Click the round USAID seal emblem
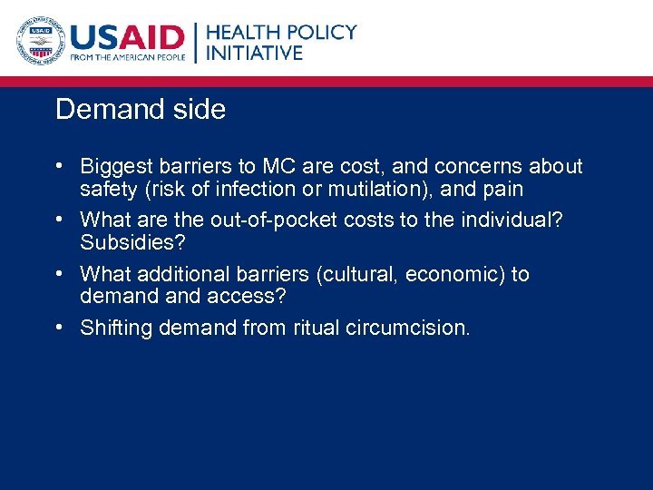coord(39,41)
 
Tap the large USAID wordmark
coord(127,36)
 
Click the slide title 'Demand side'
coord(141,110)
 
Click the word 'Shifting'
coord(116,328)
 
